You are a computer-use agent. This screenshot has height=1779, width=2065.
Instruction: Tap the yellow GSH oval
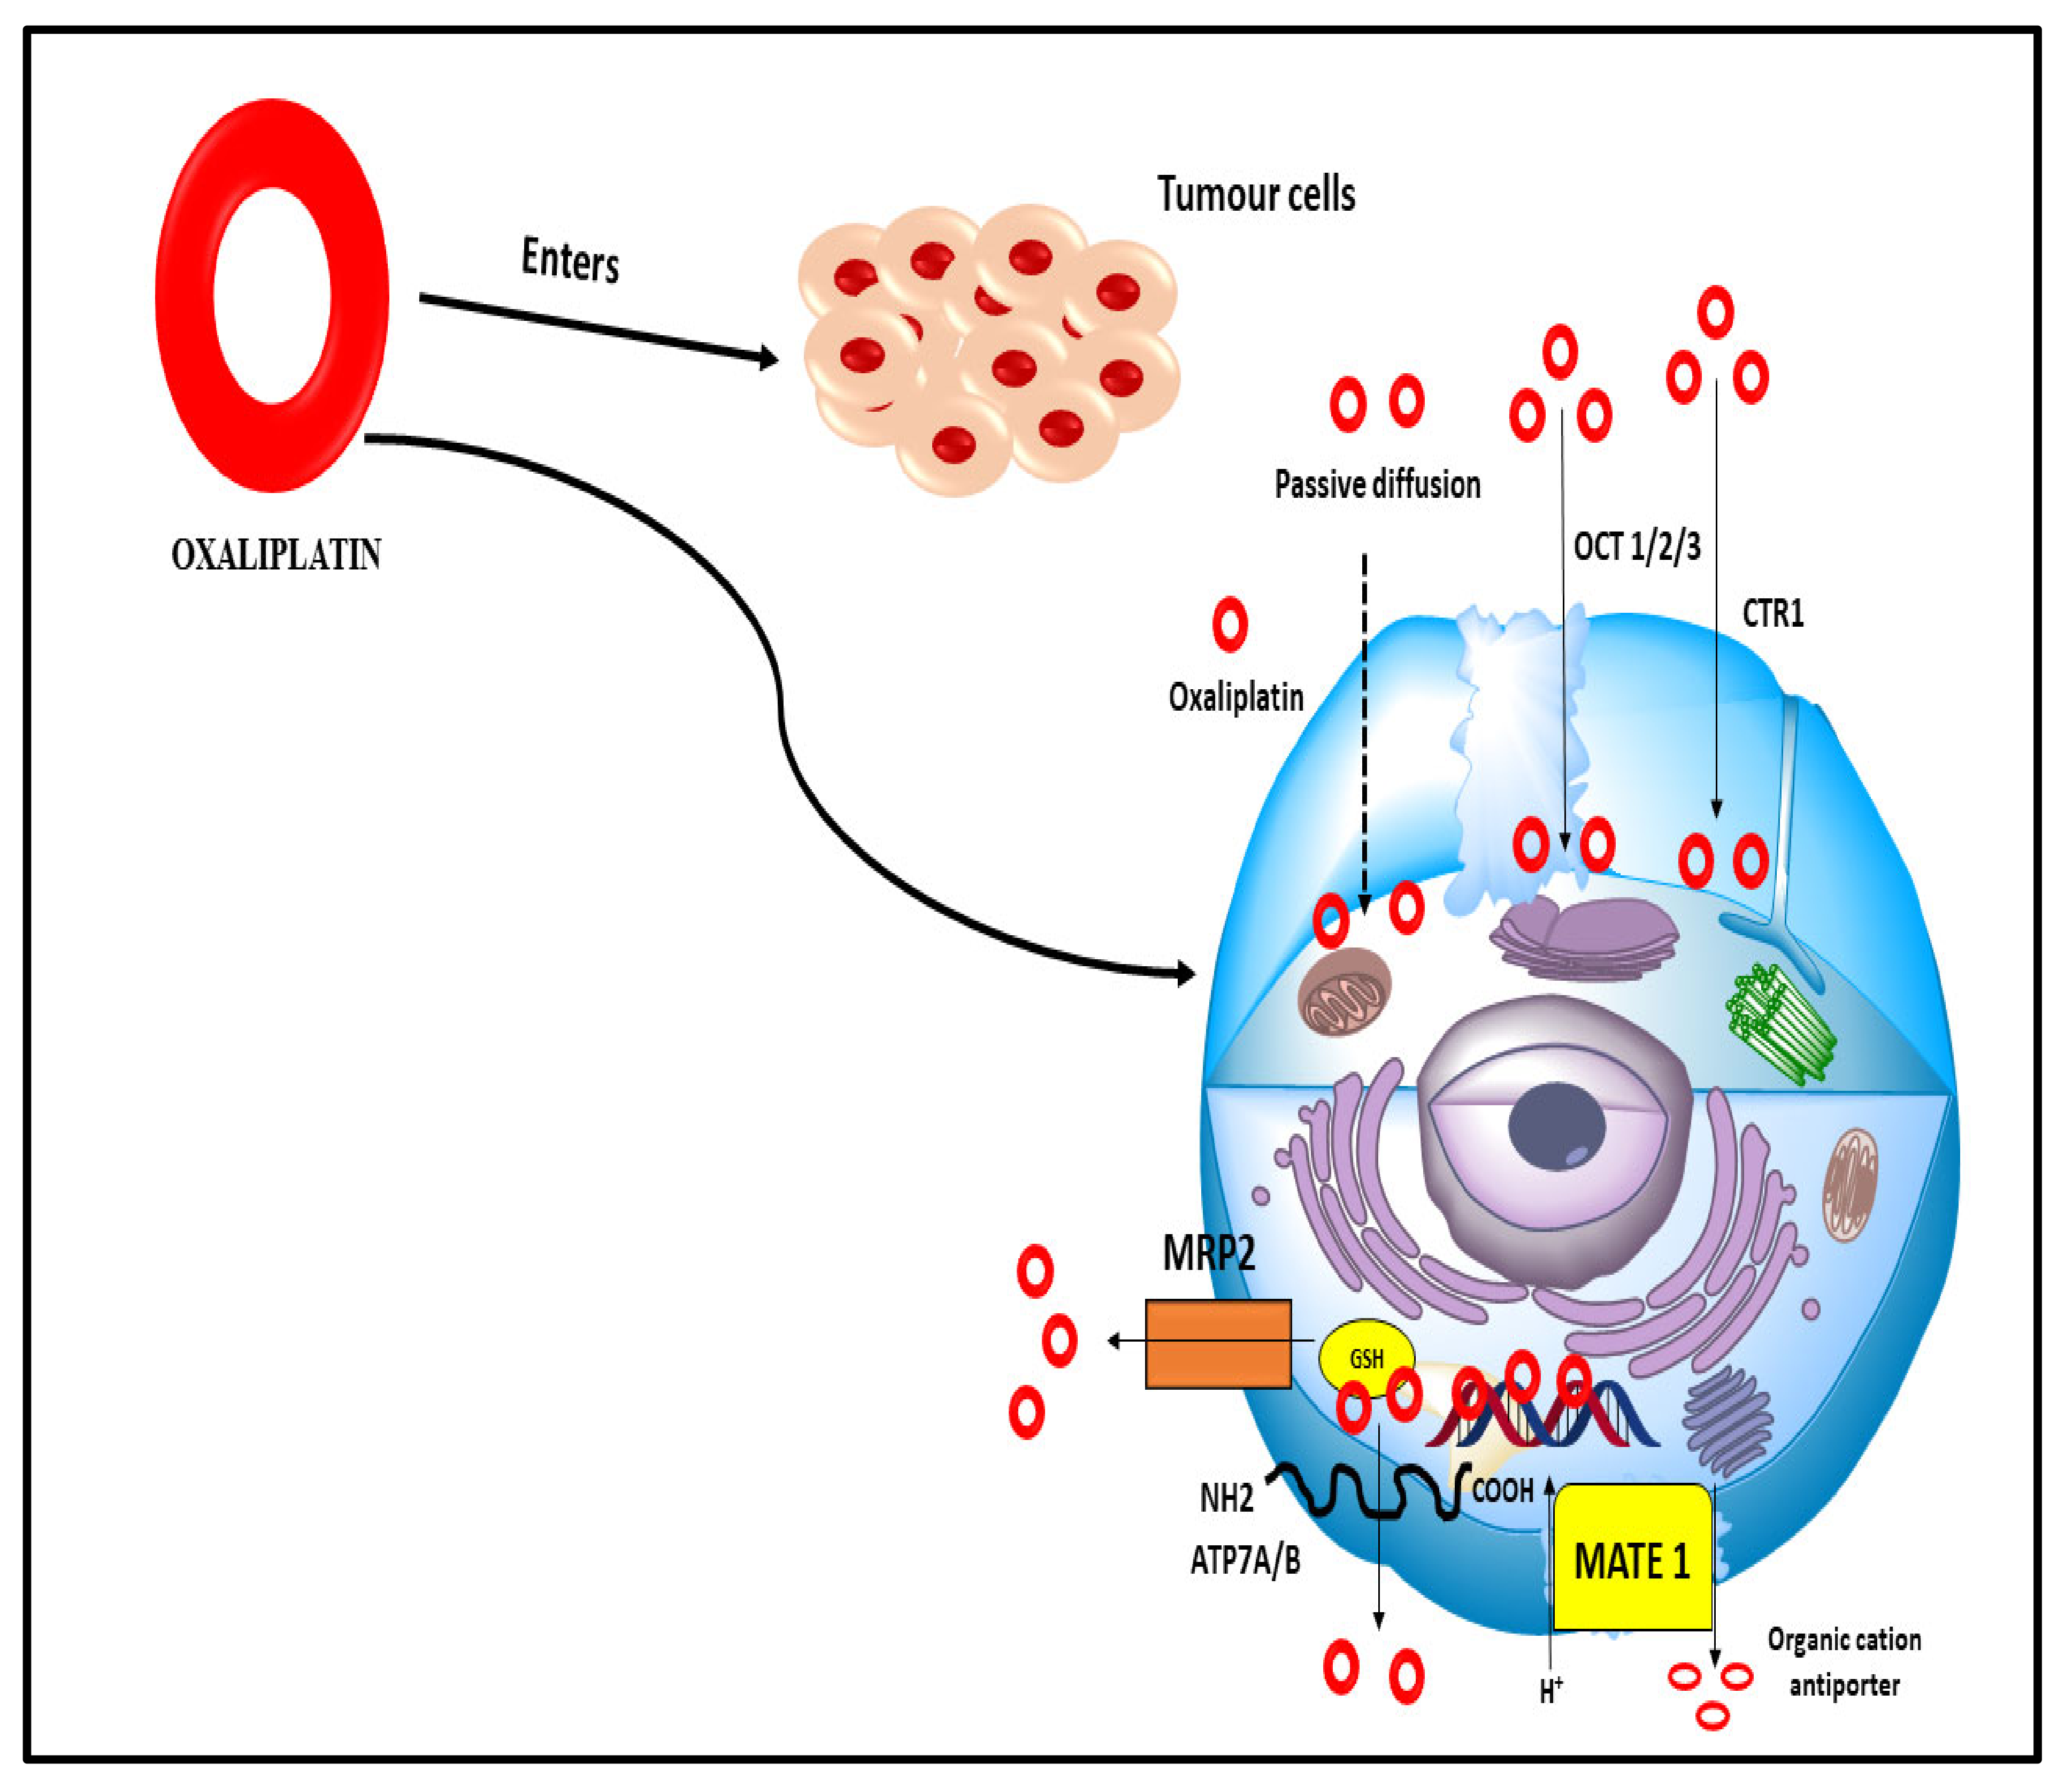pos(1365,1358)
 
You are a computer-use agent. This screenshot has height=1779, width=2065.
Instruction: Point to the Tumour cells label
pos(1256,194)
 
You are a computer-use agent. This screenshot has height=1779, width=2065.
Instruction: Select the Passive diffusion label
pos(1377,486)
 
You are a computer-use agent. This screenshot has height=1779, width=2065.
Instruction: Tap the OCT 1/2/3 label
pos(1637,546)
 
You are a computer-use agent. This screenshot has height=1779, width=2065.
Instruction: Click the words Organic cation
pos(1844,1639)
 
